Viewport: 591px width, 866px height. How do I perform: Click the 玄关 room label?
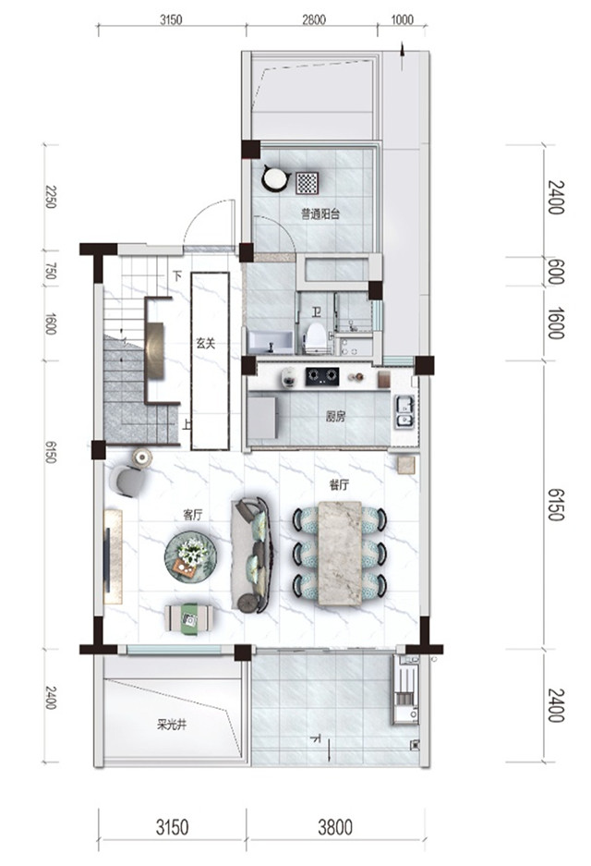(x=205, y=343)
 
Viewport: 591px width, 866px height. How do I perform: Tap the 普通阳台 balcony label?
(x=320, y=213)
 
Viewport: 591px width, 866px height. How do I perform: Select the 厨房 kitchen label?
(x=335, y=416)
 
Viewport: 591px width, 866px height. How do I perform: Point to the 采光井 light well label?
(x=171, y=725)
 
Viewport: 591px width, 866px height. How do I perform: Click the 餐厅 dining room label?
(x=339, y=485)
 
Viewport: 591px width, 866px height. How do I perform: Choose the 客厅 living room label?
(x=193, y=515)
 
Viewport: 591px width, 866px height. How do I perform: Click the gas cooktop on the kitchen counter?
(x=322, y=376)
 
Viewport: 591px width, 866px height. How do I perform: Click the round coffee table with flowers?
(x=190, y=556)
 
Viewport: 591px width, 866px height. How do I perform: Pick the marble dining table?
(x=340, y=553)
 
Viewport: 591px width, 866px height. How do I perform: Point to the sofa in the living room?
(x=251, y=555)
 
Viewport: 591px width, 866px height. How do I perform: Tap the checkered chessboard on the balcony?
(x=307, y=183)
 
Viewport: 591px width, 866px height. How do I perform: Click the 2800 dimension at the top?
(x=313, y=20)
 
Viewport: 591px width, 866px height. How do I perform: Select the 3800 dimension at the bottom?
(x=335, y=827)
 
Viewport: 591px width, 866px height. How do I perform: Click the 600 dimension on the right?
(x=556, y=272)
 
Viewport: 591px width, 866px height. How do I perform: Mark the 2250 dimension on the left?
(x=51, y=197)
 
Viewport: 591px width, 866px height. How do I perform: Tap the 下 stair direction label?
(x=177, y=275)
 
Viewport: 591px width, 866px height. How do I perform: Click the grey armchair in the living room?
(x=130, y=481)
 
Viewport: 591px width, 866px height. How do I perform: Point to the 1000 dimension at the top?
(x=403, y=20)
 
